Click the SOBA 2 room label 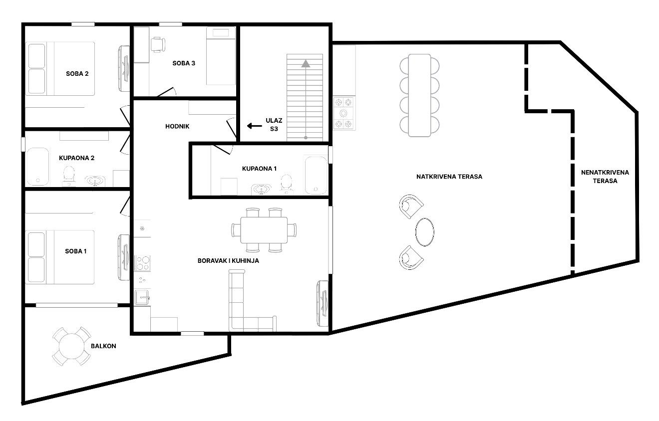tap(77, 73)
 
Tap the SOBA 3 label tap(184, 63)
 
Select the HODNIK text tap(177, 126)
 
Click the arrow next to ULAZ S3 tap(254, 126)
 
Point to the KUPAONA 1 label tap(259, 169)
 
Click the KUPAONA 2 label tap(76, 158)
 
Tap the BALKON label tap(103, 346)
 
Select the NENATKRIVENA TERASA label tap(605, 177)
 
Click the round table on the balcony tap(71, 346)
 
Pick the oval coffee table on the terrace tap(424, 232)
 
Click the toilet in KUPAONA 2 tap(69, 176)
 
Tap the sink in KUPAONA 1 tap(261, 189)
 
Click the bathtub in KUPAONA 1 tap(316, 176)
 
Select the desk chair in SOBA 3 tap(158, 45)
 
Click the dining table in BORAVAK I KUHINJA tap(264, 230)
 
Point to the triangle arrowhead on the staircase tap(306, 63)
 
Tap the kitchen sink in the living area tap(142, 297)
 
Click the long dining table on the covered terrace tap(419, 95)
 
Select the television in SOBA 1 tap(124, 257)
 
